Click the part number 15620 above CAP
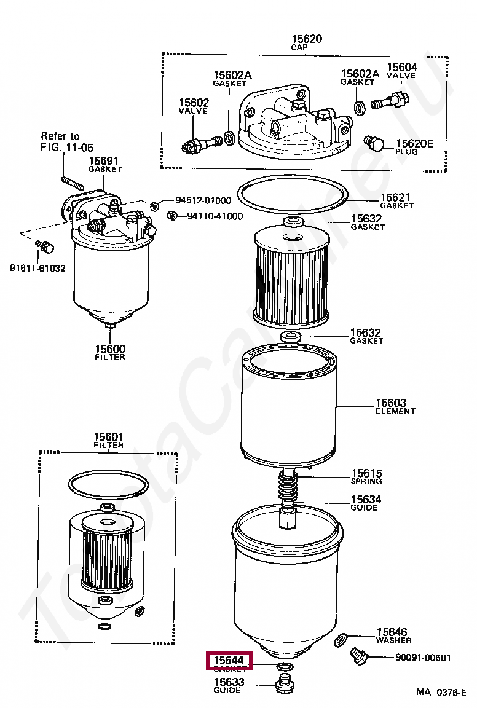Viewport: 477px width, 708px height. pyautogui.click(x=307, y=39)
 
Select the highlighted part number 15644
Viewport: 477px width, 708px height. pyautogui.click(x=229, y=661)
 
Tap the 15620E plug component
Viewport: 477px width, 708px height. pyautogui.click(x=374, y=144)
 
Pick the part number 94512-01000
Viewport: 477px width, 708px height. pyautogui.click(x=203, y=200)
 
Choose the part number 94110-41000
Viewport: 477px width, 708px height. pyautogui.click(x=215, y=216)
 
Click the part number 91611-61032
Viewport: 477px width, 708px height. pyautogui.click(x=37, y=269)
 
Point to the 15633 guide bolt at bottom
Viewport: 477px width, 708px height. pyautogui.click(x=284, y=683)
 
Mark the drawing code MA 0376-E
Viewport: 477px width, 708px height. pyautogui.click(x=441, y=692)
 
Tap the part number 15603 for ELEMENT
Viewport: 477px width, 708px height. pyautogui.click(x=391, y=403)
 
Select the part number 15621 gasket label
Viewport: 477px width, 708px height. pyautogui.click(x=396, y=197)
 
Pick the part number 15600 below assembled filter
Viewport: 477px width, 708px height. pyautogui.click(x=109, y=348)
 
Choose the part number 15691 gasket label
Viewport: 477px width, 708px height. pyautogui.click(x=104, y=160)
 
